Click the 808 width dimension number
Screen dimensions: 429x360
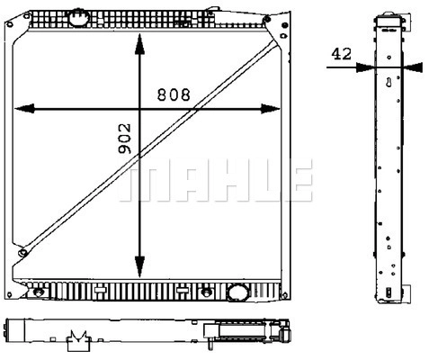point(174,94)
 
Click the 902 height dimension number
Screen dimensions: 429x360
point(125,139)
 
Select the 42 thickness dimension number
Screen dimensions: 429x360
point(341,54)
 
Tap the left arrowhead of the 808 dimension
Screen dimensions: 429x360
point(24,109)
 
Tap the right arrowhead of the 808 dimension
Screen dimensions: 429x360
point(271,109)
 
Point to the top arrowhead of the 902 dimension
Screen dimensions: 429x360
point(139,44)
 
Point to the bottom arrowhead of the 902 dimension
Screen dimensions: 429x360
point(139,266)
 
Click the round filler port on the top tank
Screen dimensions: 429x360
point(79,18)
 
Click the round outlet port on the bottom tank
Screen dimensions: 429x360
point(237,292)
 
